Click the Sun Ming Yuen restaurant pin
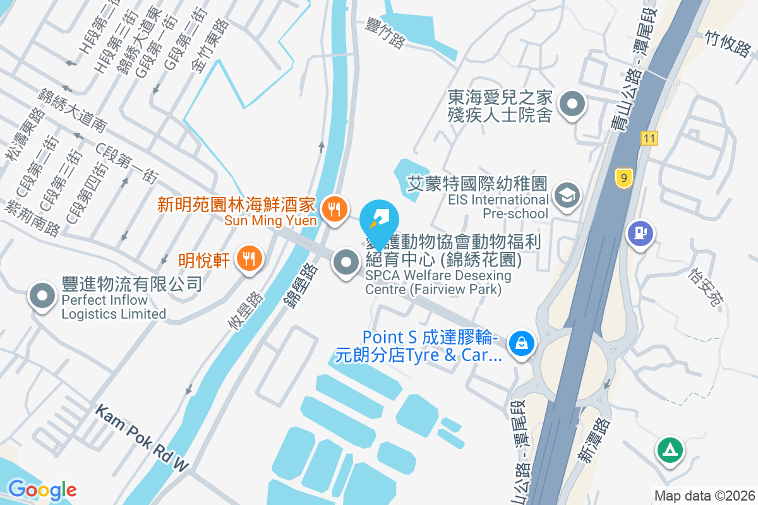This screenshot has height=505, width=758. tap(335, 209)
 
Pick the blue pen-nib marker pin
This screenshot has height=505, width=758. tap(379, 221)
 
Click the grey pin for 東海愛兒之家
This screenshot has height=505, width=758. tap(572, 104)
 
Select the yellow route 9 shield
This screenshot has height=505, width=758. tap(623, 178)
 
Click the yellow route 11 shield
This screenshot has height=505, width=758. tap(648, 138)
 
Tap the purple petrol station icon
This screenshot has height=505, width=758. tap(641, 233)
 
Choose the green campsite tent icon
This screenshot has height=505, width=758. tap(668, 450)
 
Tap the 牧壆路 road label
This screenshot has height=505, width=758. tap(246, 311)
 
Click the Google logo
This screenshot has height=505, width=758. tap(42, 489)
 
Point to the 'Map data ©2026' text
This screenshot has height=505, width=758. tap(704, 496)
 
